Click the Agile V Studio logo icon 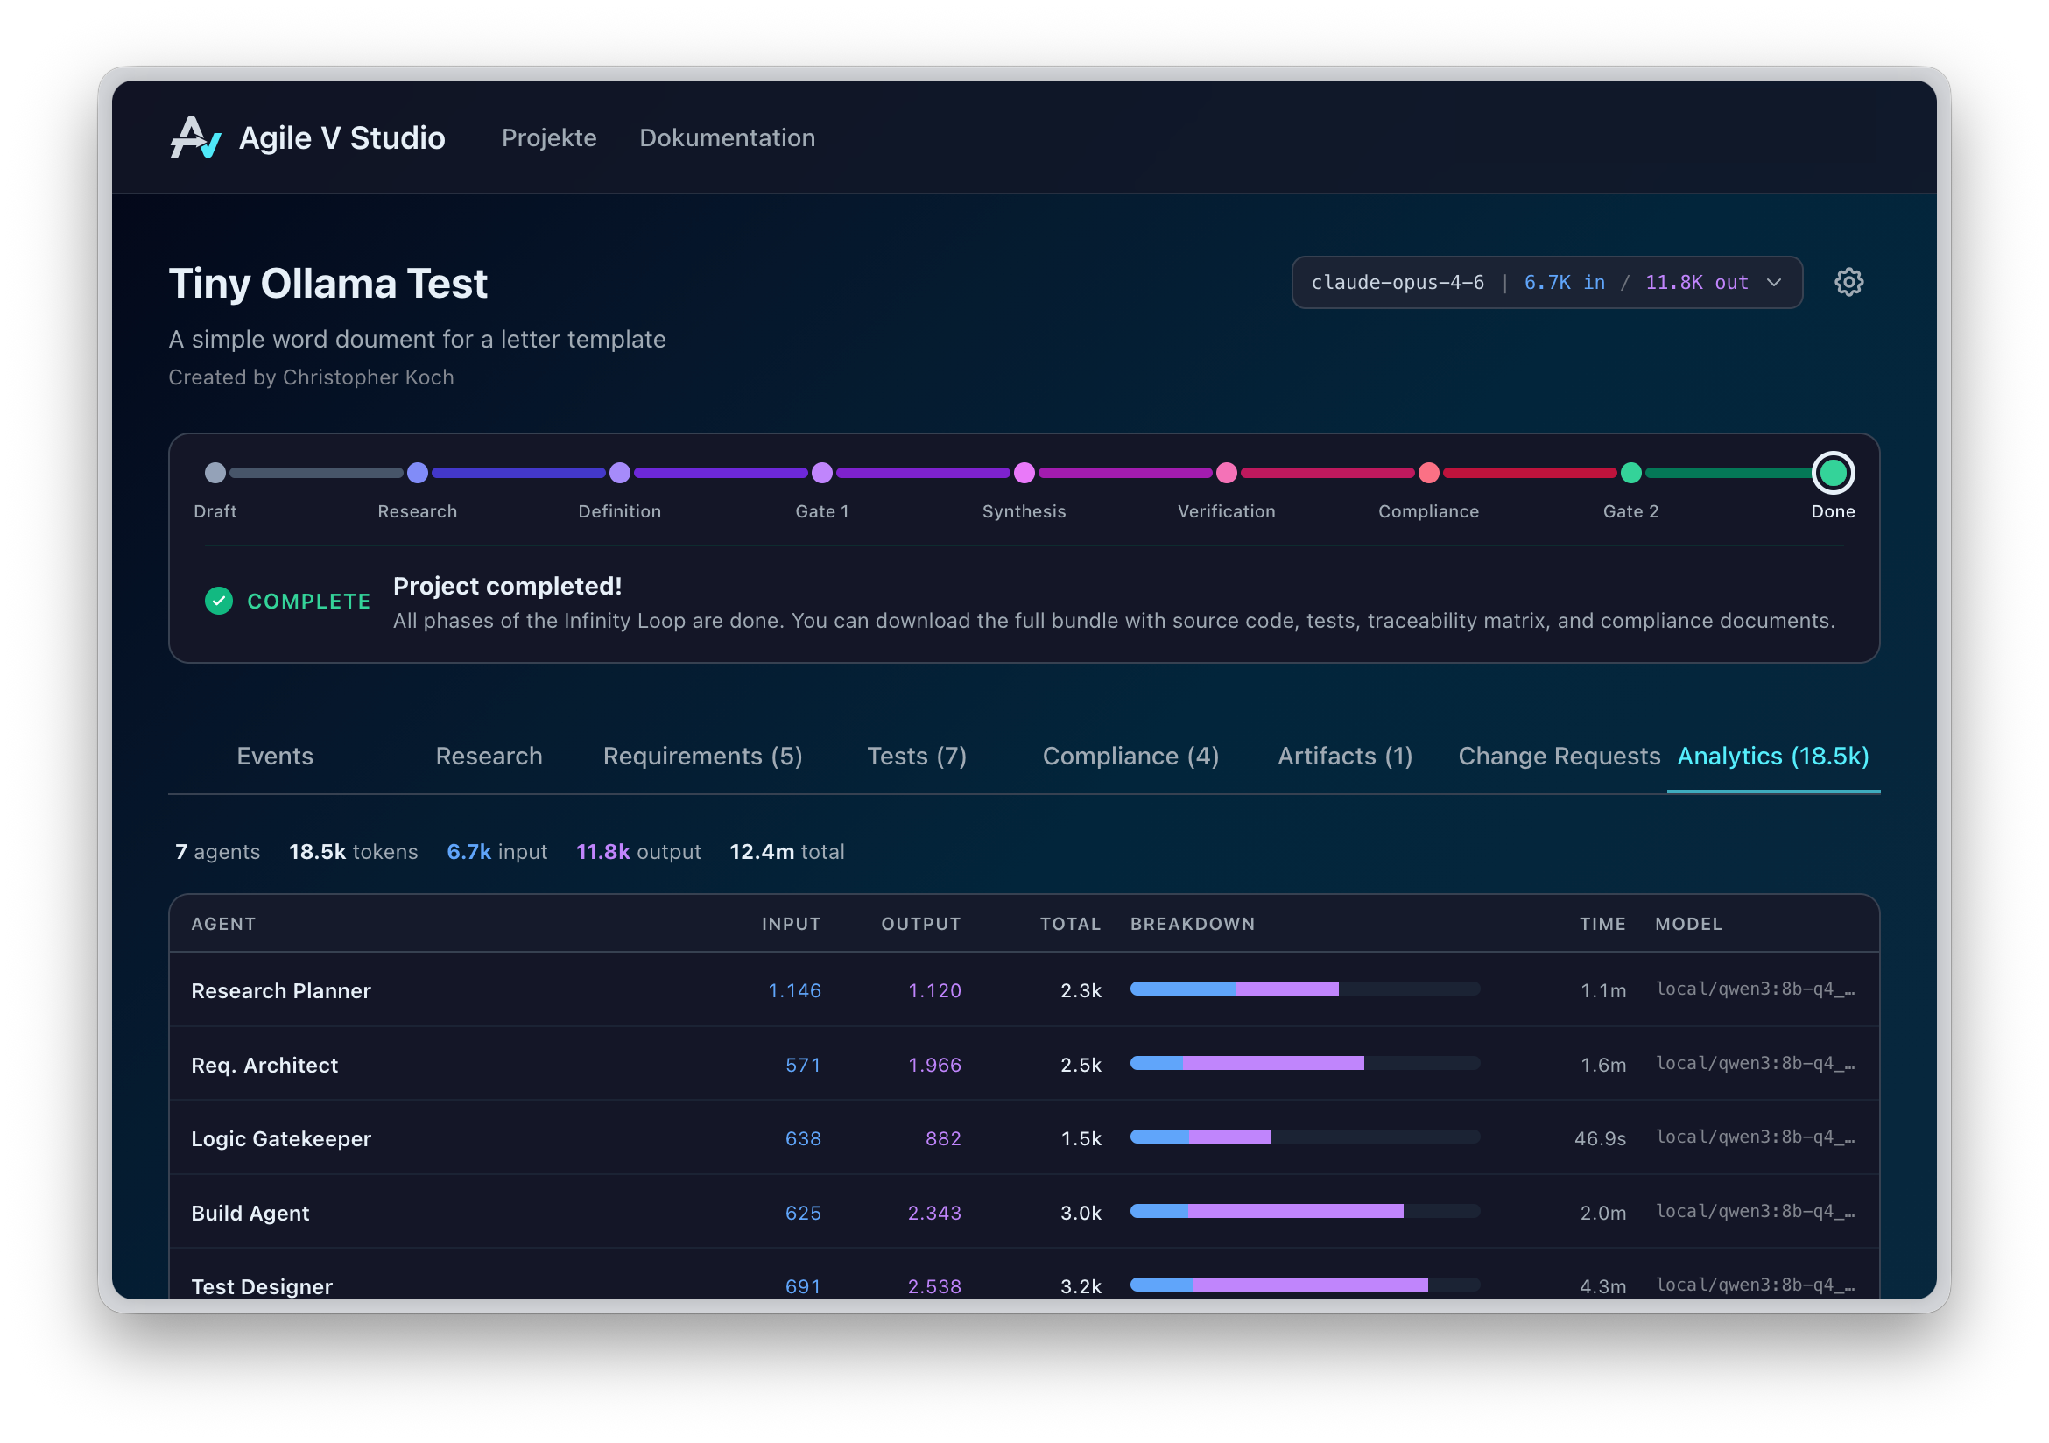(194, 138)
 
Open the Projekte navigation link (549, 138)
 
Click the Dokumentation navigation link (727, 138)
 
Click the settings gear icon (1848, 283)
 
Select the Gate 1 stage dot (822, 473)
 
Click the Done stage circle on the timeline (1832, 473)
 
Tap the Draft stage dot (215, 473)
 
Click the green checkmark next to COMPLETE (219, 601)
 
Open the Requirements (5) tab (702, 756)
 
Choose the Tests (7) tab (917, 756)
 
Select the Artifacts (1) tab (1344, 756)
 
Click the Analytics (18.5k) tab (1772, 756)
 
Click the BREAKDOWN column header (1193, 924)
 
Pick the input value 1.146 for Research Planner (794, 990)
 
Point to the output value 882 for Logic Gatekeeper (942, 1138)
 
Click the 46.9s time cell (1599, 1138)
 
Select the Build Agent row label (250, 1213)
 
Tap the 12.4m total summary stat (786, 851)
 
